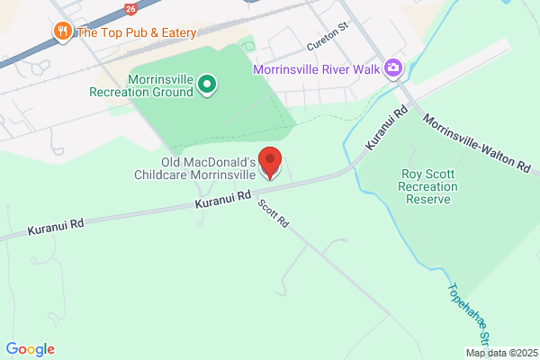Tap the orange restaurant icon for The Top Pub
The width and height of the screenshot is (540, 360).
63,32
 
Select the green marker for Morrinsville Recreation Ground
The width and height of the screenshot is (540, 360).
207,85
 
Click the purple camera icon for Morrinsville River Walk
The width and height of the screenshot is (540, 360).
391,68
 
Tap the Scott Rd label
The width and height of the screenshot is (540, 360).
273,212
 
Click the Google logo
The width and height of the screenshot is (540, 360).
30,349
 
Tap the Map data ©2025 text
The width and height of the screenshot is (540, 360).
501,352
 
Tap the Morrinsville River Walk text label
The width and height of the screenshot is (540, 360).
316,68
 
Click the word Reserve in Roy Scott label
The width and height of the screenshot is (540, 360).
427,199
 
